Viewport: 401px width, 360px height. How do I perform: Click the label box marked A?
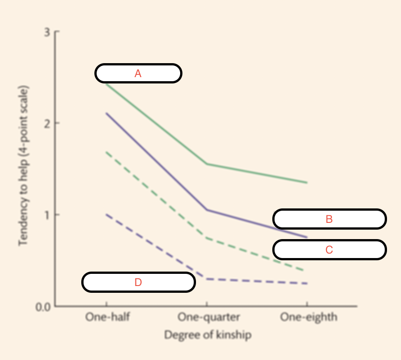point(138,73)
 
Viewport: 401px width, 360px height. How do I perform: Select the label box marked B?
point(329,219)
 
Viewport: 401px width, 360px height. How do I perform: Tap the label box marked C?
point(329,249)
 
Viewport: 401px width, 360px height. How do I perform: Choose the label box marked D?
point(138,282)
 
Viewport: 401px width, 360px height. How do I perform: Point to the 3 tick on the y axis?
point(47,32)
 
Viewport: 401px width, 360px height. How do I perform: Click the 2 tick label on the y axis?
point(47,123)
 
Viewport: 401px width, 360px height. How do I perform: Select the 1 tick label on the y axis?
point(47,214)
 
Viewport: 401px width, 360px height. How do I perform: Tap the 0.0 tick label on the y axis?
point(44,306)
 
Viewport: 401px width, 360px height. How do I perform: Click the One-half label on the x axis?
point(108,317)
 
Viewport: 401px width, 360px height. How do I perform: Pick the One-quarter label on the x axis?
point(208,317)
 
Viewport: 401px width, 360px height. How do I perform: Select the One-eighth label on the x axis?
point(308,317)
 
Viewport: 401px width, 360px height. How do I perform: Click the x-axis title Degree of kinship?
point(208,335)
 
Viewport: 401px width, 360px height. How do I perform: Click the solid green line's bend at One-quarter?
point(207,164)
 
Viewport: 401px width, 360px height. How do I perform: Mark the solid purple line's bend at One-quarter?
point(207,210)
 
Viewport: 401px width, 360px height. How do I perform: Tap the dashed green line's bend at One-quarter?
point(207,238)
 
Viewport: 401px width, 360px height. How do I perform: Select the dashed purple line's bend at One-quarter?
point(207,279)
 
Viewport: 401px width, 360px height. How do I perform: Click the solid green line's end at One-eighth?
point(307,183)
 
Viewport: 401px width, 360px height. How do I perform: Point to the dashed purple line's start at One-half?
point(106,214)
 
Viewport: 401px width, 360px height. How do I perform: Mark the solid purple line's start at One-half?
point(106,113)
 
